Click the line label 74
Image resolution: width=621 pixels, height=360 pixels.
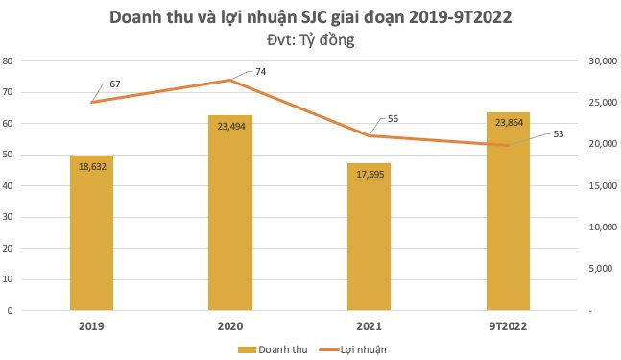coord(259,72)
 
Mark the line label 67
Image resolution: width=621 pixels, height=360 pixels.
coord(114,85)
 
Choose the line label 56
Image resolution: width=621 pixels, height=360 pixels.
coord(393,119)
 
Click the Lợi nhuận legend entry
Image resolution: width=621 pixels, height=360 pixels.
coord(361,349)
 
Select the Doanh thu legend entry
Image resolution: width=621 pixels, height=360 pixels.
coord(276,349)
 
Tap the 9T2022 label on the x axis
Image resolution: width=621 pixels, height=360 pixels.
coord(507,326)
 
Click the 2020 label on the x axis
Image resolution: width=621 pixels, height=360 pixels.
coord(229,326)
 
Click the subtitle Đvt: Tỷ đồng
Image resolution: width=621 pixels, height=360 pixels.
coord(310,40)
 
